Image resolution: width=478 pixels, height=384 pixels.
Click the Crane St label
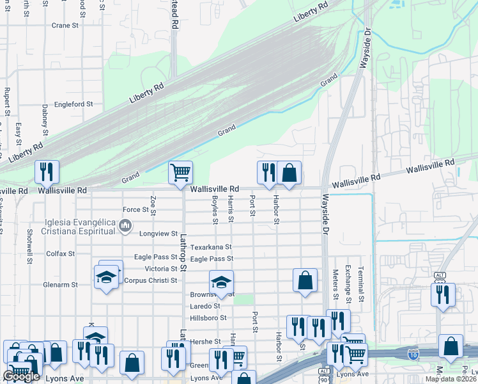[x=65, y=26]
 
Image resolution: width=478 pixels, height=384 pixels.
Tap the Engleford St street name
[x=73, y=104]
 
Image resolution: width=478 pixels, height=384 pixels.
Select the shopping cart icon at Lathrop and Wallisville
[x=181, y=171]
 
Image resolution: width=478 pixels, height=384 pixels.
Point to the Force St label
[x=135, y=210]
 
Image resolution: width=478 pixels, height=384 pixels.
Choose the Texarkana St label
[x=211, y=246]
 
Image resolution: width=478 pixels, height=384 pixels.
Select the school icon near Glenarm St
[x=106, y=278]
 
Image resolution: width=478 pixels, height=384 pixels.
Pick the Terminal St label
[x=360, y=284]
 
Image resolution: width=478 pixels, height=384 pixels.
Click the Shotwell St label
[x=29, y=247]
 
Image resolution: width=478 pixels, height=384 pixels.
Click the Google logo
[x=21, y=377]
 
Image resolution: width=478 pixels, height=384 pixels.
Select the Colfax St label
[x=60, y=253]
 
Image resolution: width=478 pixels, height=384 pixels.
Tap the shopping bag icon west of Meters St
[x=305, y=280]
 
